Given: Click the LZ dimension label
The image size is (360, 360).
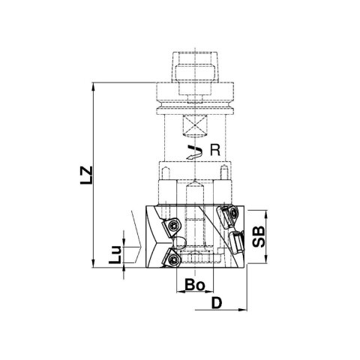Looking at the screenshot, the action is [86, 175].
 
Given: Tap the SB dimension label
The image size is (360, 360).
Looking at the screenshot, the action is [259, 236].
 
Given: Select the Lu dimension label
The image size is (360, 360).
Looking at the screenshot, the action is [115, 254].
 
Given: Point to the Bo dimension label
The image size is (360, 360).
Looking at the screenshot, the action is [195, 285].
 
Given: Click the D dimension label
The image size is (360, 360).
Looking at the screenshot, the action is [217, 303].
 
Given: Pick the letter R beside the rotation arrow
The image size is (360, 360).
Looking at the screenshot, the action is [215, 150].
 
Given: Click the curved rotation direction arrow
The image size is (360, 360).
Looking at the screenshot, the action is [194, 151].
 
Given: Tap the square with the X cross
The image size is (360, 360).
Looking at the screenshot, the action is [195, 125].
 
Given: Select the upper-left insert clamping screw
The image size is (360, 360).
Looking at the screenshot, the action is [172, 226].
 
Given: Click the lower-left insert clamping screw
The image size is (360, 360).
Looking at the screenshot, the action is [172, 260].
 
